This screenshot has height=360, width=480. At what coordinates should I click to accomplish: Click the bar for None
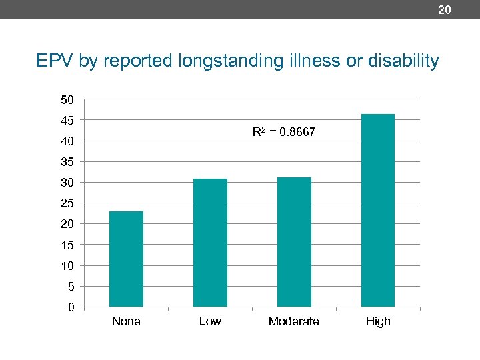126,259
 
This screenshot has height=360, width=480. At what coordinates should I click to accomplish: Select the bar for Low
210,243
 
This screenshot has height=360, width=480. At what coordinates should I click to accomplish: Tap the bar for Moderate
294,242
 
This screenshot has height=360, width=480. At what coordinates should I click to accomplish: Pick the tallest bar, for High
378,210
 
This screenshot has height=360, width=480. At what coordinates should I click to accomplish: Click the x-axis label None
126,321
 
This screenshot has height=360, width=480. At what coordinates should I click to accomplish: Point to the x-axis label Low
210,321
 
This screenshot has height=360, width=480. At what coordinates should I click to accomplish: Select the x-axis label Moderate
293,321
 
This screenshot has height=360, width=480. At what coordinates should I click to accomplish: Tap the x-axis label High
378,321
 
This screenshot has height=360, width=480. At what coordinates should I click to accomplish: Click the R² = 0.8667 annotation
283,133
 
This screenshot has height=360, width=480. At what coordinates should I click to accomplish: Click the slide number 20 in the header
445,9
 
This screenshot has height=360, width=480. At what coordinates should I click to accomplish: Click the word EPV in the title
55,61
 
